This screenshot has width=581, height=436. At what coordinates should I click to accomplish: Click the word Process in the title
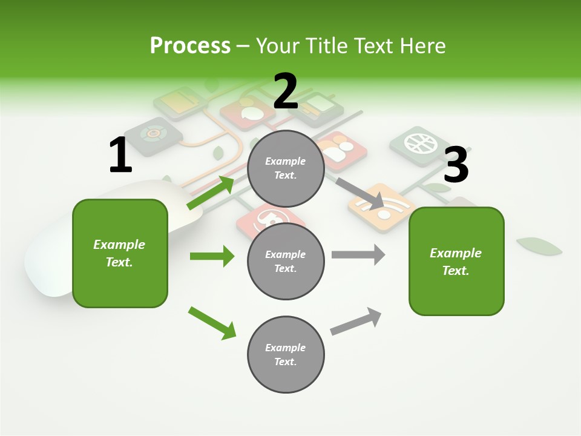click(x=190, y=46)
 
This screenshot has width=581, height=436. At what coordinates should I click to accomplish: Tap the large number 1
click(x=120, y=156)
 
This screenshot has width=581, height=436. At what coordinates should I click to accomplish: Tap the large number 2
click(x=286, y=91)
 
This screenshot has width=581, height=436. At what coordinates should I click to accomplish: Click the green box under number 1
click(x=120, y=253)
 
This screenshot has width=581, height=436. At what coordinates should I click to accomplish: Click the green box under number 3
click(x=456, y=262)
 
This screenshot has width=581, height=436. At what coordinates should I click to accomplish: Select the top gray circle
click(x=286, y=168)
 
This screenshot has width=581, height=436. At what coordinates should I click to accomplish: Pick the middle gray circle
click(x=286, y=261)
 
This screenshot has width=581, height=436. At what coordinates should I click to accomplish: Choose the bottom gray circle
click(x=286, y=354)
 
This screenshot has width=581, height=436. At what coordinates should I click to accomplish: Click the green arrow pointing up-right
click(x=210, y=193)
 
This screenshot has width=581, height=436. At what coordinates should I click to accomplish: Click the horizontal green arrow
click(x=212, y=256)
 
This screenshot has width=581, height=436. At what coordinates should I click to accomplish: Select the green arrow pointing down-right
click(x=212, y=323)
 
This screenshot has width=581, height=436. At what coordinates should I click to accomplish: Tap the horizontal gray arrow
click(x=358, y=254)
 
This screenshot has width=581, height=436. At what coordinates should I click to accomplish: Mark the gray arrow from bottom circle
click(x=356, y=321)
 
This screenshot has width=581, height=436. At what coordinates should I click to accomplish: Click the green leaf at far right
click(x=539, y=246)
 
